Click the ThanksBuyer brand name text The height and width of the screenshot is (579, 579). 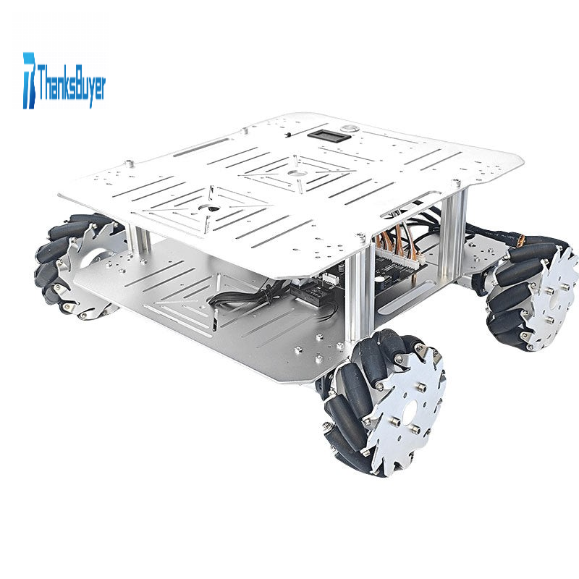pos(71,84)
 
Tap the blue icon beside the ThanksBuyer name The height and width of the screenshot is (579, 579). pos(30,80)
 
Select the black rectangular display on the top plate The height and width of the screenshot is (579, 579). pos(329,135)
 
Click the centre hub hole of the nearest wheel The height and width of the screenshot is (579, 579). pos(412,410)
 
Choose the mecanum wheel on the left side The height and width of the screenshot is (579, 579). pos(76,265)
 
